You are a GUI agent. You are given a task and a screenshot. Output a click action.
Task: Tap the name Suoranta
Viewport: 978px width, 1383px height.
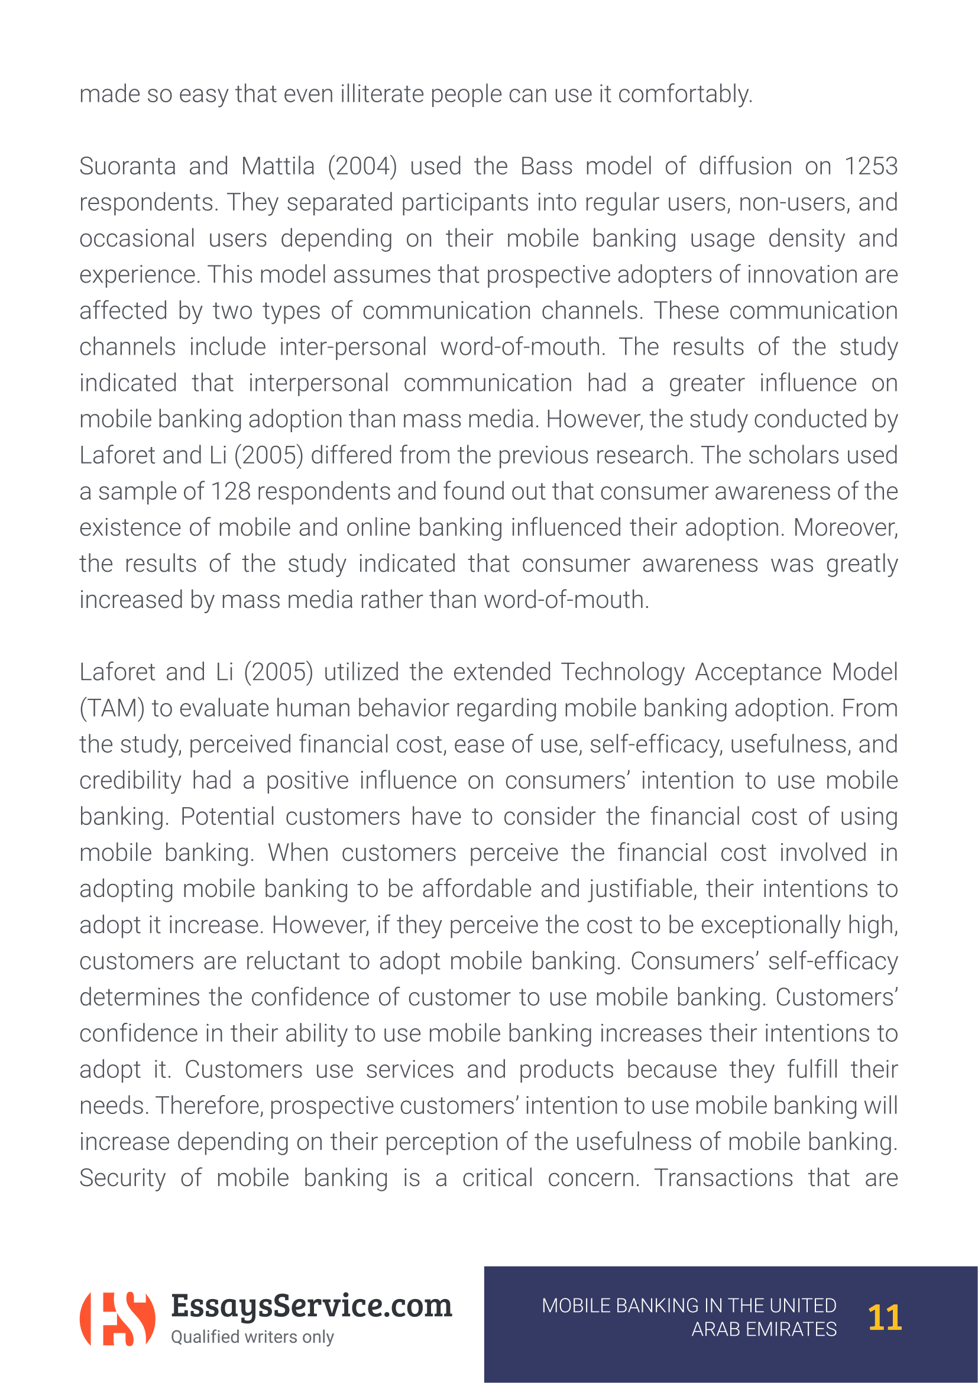click(127, 167)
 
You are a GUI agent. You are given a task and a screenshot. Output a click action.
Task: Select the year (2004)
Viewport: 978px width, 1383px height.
click(362, 167)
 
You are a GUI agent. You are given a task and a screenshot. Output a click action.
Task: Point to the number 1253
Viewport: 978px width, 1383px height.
click(870, 167)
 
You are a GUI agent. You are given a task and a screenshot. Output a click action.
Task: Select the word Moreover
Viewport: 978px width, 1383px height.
click(845, 528)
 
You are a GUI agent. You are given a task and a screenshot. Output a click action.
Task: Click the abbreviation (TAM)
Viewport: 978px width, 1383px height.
click(112, 709)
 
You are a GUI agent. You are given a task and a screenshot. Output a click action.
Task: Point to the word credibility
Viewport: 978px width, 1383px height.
click(130, 781)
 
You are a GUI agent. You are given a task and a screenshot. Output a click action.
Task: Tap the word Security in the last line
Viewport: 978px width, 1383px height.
click(122, 1179)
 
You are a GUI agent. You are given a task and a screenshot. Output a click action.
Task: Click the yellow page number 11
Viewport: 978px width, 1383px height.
click(884, 1318)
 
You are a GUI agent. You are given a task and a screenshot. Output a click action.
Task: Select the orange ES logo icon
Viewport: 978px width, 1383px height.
click(118, 1319)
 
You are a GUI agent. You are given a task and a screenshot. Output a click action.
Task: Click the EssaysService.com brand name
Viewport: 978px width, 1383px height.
click(311, 1306)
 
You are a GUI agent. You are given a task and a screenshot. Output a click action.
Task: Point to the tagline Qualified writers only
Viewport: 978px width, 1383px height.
click(252, 1337)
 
